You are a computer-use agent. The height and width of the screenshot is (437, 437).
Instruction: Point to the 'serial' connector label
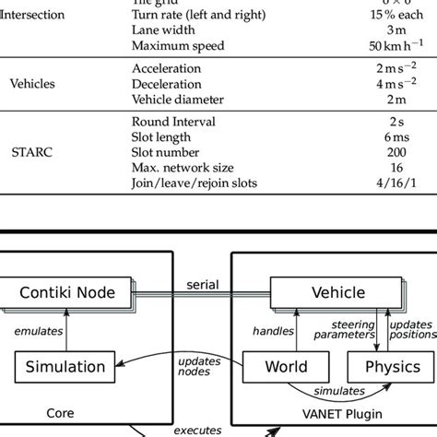[202, 284]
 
